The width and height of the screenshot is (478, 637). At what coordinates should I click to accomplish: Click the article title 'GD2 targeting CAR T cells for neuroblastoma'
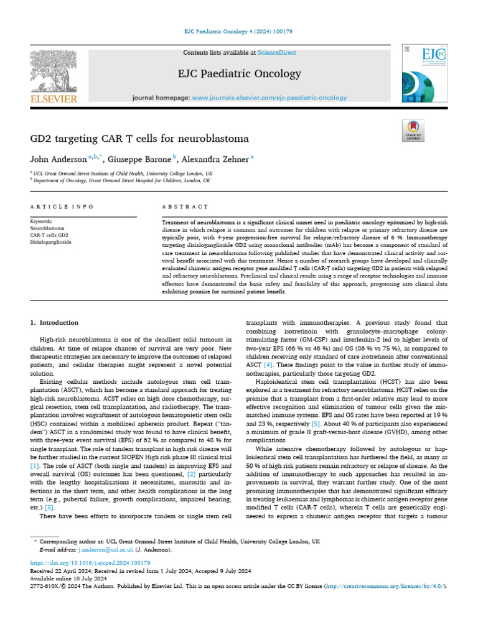[x=139, y=138]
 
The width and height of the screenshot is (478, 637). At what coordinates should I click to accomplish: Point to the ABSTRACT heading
[x=185, y=207]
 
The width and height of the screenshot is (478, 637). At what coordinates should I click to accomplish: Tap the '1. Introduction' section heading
[x=55, y=323]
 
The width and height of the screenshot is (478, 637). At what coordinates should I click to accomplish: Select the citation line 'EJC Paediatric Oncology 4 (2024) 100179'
[x=239, y=31]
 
